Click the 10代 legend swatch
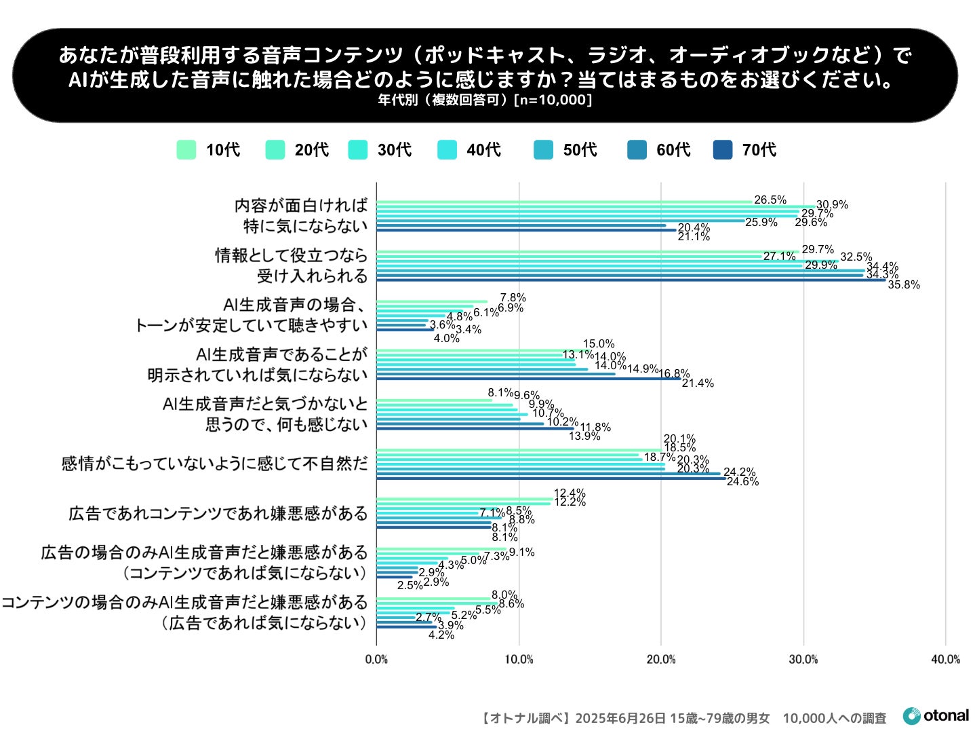point(186,150)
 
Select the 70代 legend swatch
point(723,150)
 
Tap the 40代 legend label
point(483,150)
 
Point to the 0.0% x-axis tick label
point(376,660)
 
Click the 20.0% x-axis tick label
point(661,660)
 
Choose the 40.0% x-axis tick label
point(945,660)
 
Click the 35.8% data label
point(904,285)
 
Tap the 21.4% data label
point(698,383)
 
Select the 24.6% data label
point(742,482)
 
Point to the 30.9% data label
point(832,205)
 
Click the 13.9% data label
point(584,436)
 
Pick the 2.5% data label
point(410,585)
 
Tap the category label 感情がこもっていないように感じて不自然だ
point(214,464)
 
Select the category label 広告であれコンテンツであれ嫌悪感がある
point(218,513)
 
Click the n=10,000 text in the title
point(553,100)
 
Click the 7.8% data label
point(513,297)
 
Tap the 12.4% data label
point(570,493)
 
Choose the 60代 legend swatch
point(637,150)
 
